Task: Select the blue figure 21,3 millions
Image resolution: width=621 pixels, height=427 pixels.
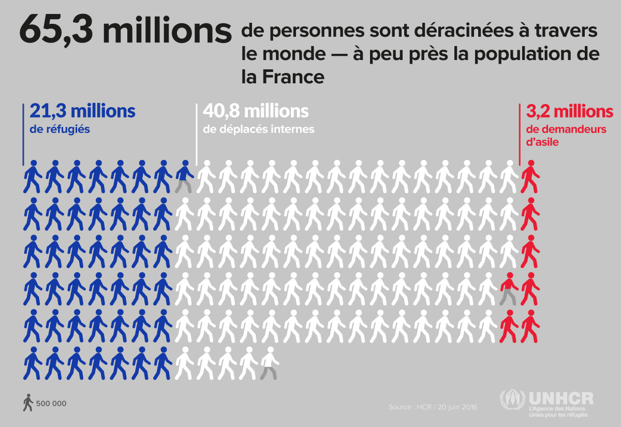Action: pyautogui.click(x=82, y=111)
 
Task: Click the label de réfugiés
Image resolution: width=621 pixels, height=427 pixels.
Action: pyautogui.click(x=60, y=129)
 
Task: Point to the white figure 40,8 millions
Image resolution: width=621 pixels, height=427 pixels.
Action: pyautogui.click(x=256, y=111)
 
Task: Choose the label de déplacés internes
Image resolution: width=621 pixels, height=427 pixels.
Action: pyautogui.click(x=258, y=129)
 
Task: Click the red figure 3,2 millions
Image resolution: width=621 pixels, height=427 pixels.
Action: pyautogui.click(x=569, y=111)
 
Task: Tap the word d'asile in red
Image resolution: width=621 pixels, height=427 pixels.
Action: pyautogui.click(x=542, y=142)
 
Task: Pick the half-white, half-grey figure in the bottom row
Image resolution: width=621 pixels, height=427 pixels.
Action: pyautogui.click(x=269, y=363)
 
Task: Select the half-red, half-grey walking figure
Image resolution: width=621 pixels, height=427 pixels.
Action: pyautogui.click(x=509, y=288)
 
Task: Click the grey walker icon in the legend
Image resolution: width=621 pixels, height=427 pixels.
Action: pyautogui.click(x=28, y=403)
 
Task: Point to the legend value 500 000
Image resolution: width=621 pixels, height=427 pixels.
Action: pyautogui.click(x=51, y=404)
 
